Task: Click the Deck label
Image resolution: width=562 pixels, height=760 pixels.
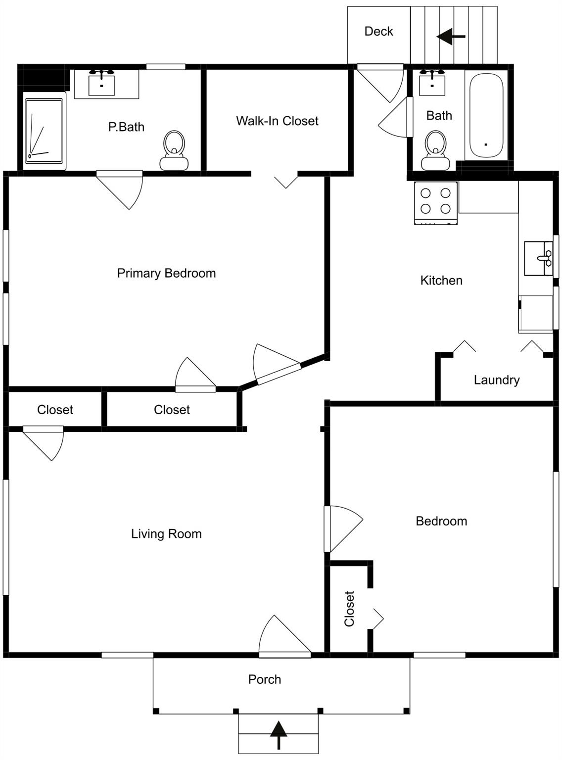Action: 378,31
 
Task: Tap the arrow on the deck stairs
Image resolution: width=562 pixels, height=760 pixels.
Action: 451,36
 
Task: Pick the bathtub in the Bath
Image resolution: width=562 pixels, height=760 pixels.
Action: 486,116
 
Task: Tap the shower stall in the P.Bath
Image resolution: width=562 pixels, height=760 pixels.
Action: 45,131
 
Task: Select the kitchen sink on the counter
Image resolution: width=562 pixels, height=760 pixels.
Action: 538,258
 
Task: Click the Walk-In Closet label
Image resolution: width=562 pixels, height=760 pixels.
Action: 277,121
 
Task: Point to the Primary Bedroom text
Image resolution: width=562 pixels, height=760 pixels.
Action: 166,273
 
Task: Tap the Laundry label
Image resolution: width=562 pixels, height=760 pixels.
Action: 496,380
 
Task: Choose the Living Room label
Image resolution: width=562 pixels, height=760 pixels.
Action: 166,534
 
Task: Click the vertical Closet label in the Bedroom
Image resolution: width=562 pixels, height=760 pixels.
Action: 349,609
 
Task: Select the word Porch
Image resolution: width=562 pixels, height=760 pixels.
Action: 265,679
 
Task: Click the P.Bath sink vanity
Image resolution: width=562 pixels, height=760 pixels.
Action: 102,83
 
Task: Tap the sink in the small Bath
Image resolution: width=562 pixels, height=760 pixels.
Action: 432,83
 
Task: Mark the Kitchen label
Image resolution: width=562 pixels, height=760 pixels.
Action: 441,281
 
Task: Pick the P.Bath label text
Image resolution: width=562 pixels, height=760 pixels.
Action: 126,127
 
